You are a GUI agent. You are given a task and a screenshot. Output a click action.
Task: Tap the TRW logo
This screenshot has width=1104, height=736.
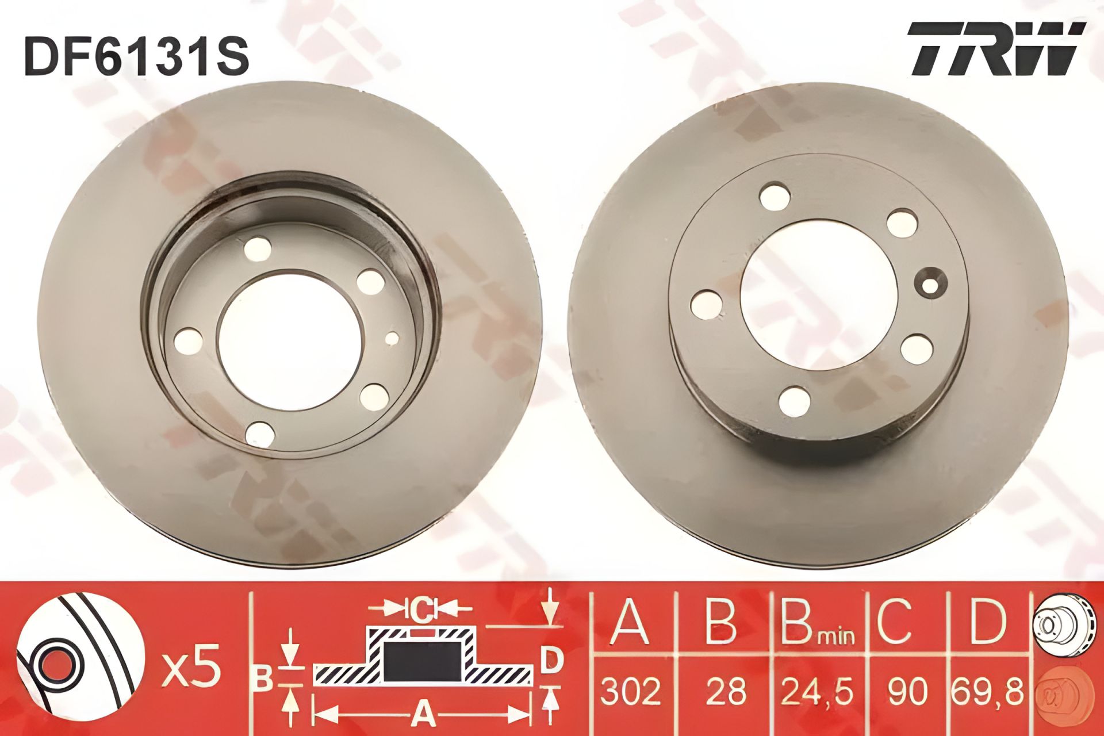pyautogui.click(x=995, y=49)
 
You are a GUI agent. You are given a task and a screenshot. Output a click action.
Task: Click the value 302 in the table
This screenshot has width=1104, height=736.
pyautogui.click(x=630, y=691)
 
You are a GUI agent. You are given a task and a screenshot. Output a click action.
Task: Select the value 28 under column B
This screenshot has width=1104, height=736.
pyautogui.click(x=727, y=691)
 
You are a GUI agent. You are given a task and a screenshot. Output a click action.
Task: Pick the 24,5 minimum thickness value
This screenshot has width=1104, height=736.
pyautogui.click(x=816, y=692)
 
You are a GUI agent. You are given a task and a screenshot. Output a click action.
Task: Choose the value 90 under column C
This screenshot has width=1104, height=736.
pyautogui.click(x=907, y=691)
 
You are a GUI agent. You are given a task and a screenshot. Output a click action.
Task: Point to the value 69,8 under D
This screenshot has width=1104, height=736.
pyautogui.click(x=987, y=692)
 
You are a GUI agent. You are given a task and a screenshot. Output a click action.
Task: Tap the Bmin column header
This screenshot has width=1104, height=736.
pyautogui.click(x=817, y=623)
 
